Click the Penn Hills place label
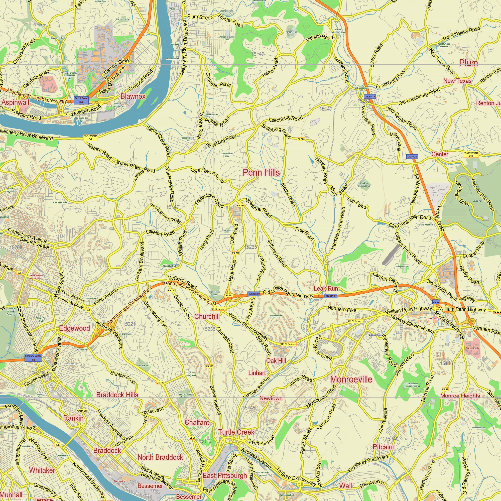[x=261, y=172]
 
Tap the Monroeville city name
[x=351, y=379]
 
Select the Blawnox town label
[x=133, y=96]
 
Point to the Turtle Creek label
[x=236, y=432]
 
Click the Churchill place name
[x=207, y=316]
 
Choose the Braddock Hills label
[x=117, y=395]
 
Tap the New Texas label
[x=457, y=81]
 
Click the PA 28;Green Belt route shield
[x=81, y=100]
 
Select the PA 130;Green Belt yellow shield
[x=90, y=138]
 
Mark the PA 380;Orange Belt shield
[x=471, y=154]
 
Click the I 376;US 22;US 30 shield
[x=33, y=358]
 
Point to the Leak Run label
[x=326, y=289]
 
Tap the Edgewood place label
[x=74, y=328]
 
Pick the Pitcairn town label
[x=384, y=447]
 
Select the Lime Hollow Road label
[x=207, y=175]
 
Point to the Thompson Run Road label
[x=339, y=228]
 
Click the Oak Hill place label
[x=276, y=360]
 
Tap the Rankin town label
[x=74, y=418]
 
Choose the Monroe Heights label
[x=460, y=396]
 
